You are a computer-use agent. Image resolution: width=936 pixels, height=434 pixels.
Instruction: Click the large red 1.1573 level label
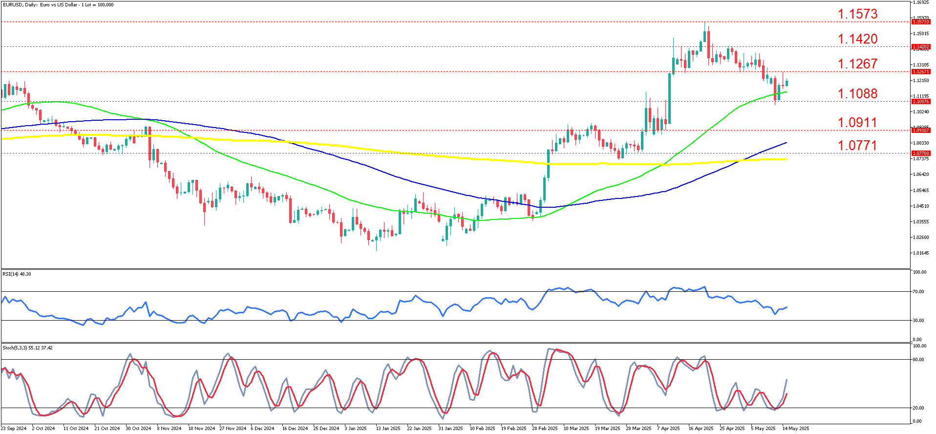coord(857,14)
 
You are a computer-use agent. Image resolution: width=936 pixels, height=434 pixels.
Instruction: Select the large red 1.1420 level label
coord(857,39)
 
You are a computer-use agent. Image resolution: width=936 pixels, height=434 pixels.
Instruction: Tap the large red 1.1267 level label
coord(857,64)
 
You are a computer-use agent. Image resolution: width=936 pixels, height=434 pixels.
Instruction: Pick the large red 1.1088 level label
coord(857,94)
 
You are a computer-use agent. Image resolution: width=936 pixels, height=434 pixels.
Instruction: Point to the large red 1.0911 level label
coord(857,123)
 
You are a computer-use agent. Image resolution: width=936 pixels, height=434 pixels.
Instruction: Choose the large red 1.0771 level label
coord(857,145)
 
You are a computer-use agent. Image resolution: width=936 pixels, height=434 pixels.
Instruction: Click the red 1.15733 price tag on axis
coord(921,22)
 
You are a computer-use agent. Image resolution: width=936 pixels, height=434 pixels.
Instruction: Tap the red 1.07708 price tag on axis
coord(921,153)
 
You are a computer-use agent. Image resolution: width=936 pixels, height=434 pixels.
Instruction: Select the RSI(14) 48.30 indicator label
coord(17,274)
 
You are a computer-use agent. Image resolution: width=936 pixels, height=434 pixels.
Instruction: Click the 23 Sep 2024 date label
coord(14,429)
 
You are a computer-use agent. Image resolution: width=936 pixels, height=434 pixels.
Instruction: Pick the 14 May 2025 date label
coord(796,429)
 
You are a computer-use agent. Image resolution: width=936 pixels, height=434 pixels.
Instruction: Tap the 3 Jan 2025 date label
coord(356,429)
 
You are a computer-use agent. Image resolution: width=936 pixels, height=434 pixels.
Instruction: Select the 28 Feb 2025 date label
coord(545,429)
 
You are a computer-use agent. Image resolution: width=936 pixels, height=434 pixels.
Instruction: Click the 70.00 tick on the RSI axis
coord(918,292)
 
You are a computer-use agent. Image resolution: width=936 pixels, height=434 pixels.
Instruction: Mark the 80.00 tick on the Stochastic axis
coord(918,360)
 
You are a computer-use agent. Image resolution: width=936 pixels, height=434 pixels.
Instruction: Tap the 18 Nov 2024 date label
coord(202,429)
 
